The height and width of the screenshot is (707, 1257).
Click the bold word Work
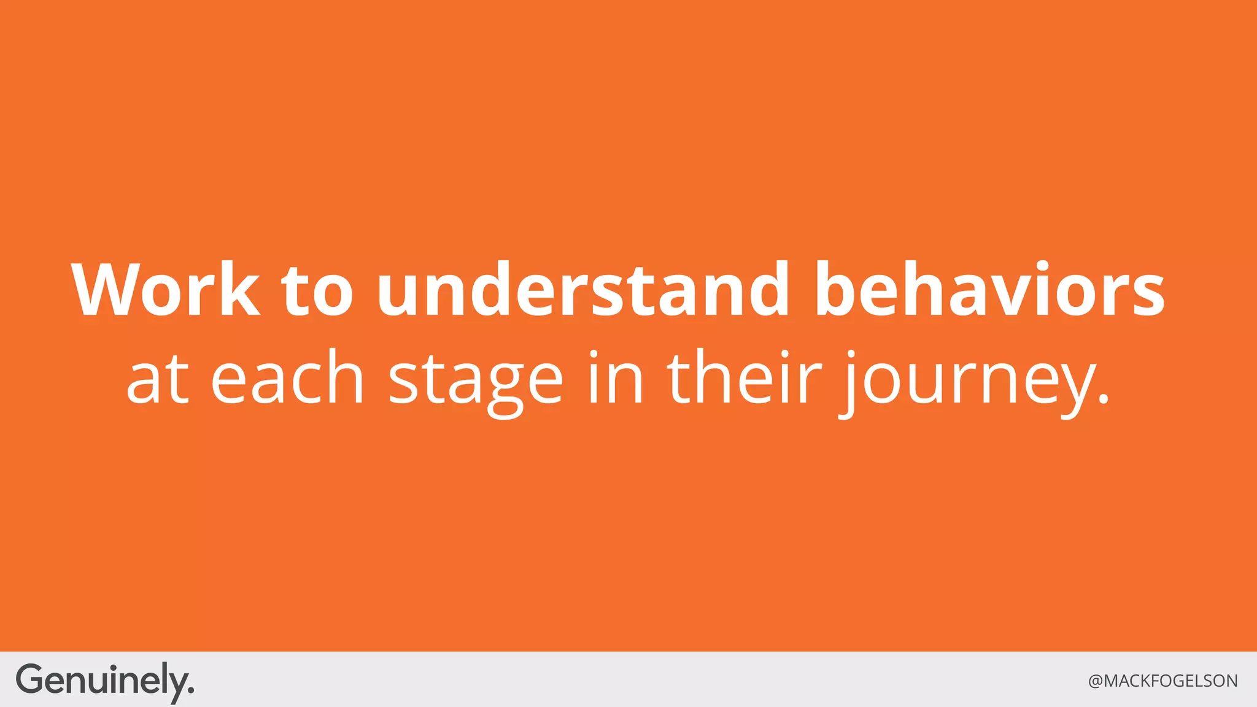click(x=166, y=290)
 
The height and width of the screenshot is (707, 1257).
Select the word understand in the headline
click(x=583, y=290)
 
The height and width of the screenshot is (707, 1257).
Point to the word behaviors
click(x=989, y=290)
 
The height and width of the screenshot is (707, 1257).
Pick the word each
click(x=287, y=378)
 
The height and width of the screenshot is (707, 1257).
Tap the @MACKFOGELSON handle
click(x=1162, y=681)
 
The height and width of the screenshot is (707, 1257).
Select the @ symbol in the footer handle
click(x=1096, y=682)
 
